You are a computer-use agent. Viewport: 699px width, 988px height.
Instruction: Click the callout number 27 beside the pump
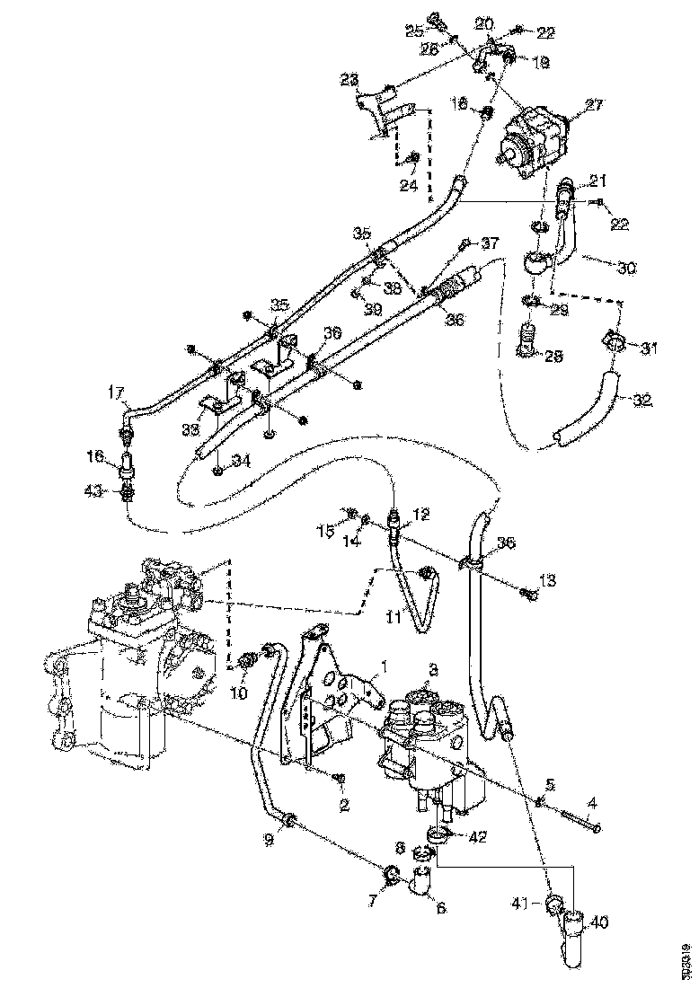pos(594,105)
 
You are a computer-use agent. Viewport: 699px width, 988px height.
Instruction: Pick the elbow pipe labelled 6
pos(421,885)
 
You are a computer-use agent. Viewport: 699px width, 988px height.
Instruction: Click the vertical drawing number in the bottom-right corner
pos(686,958)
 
